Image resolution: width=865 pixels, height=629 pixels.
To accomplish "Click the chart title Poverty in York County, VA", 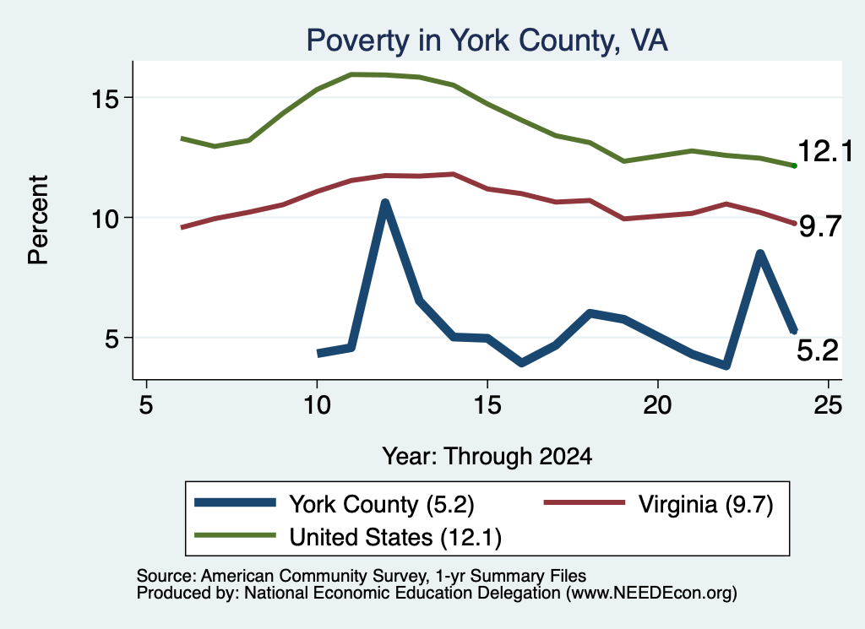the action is coord(487,41).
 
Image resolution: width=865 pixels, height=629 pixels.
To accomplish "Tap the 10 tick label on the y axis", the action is coord(105,220).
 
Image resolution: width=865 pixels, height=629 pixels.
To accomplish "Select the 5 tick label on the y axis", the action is coord(112,339).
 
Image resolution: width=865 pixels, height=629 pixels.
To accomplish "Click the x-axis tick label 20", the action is coord(657,406).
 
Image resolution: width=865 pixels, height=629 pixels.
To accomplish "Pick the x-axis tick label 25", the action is coord(828,406).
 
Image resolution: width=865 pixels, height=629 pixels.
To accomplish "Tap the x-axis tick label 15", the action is coord(487,406).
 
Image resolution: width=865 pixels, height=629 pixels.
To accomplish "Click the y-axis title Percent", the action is coord(39,220).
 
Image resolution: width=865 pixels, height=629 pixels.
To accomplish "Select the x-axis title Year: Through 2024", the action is coord(487,457).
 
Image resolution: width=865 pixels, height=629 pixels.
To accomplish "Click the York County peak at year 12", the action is coord(385,203).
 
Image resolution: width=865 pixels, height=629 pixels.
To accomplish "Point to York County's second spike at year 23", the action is coord(760,253).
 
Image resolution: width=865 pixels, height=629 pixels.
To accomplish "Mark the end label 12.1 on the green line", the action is coord(825,151).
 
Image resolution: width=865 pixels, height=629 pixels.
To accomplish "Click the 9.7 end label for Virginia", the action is coord(820,226).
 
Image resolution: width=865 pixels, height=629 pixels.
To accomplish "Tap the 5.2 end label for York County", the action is coord(818,350).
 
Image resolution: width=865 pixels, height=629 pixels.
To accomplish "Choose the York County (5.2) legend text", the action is coord(382,504).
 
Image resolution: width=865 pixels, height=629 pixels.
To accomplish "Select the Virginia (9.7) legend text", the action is coord(706,504).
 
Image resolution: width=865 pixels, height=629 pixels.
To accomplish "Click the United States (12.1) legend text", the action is coord(395,538).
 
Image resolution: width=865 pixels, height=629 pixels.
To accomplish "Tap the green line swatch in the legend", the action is coord(235,535).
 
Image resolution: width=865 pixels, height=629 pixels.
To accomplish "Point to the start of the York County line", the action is coord(318,354).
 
